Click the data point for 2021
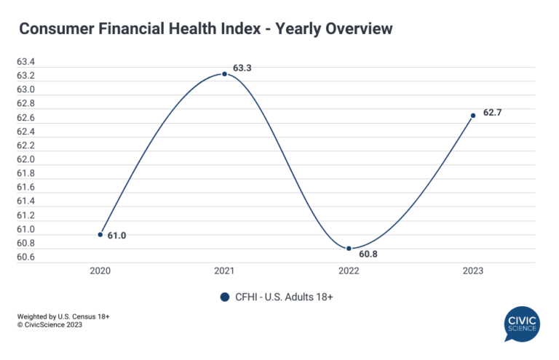[224, 73]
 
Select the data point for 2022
[349, 249]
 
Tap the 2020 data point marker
[100, 234]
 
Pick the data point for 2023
[473, 116]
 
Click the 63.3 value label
[242, 68]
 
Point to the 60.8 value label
[366, 255]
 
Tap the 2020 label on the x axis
[100, 271]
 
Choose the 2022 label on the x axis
[349, 271]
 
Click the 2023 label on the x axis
[473, 271]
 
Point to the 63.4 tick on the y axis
[26, 63]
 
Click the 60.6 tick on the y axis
[26, 257]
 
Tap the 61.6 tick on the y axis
[26, 187]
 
